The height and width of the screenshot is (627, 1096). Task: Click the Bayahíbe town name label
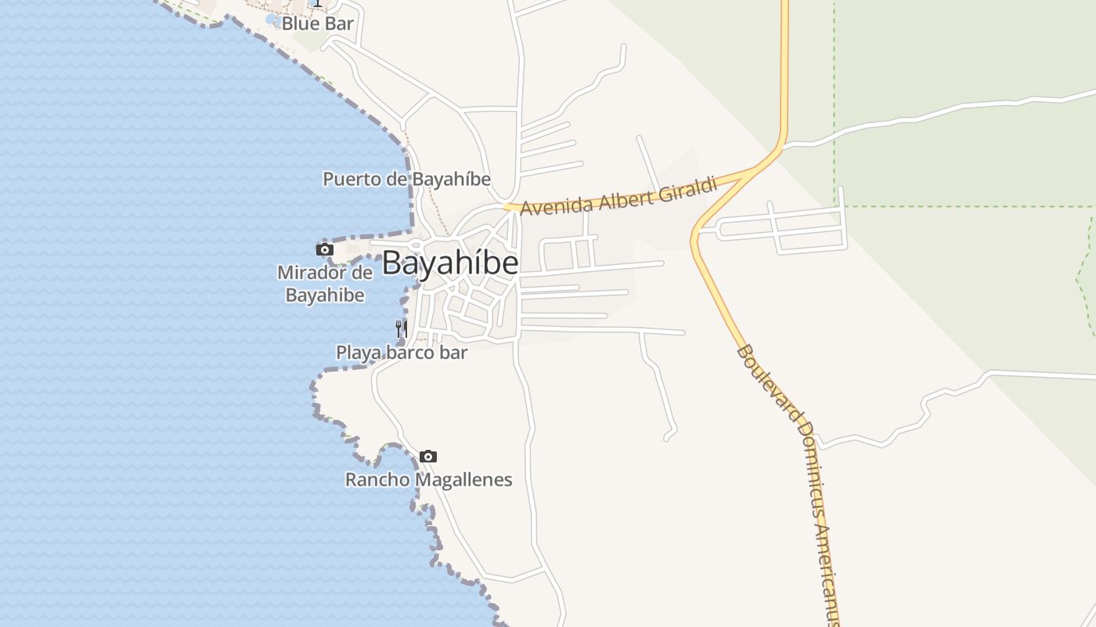(x=450, y=263)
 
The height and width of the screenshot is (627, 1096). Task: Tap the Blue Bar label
(x=317, y=24)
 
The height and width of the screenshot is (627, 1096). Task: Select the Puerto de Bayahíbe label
(x=406, y=179)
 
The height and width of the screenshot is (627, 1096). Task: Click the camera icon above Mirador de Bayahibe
(x=325, y=250)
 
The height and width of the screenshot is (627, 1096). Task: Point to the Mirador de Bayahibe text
(x=325, y=284)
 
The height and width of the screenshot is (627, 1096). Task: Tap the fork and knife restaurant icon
(x=402, y=328)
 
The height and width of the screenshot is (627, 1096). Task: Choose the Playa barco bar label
(x=402, y=353)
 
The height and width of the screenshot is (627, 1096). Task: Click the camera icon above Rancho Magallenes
(x=428, y=456)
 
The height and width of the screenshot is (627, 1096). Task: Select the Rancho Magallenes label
(x=429, y=480)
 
